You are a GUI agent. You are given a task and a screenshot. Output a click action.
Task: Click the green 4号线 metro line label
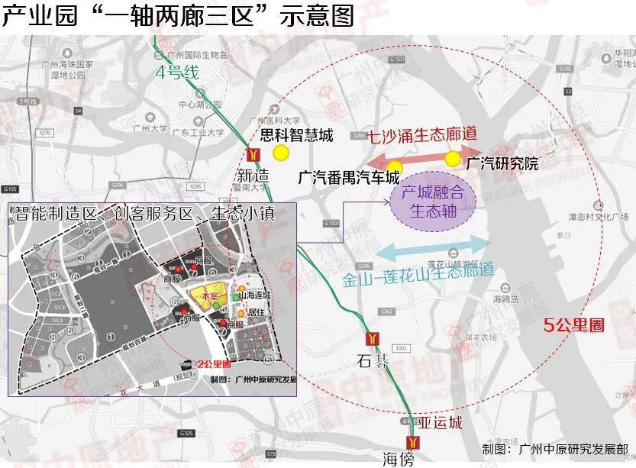(176, 73)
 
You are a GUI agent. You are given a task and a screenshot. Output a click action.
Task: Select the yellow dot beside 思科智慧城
(282, 152)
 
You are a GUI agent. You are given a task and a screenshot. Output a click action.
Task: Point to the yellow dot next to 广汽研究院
(453, 159)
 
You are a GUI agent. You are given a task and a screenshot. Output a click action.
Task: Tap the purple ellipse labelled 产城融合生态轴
(433, 202)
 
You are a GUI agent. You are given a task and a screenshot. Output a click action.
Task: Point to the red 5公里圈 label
(573, 324)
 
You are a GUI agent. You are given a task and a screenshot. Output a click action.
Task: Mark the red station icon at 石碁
(372, 337)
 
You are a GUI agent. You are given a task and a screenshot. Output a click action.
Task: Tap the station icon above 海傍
(413, 441)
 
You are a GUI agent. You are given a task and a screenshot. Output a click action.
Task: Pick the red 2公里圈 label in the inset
(214, 364)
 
